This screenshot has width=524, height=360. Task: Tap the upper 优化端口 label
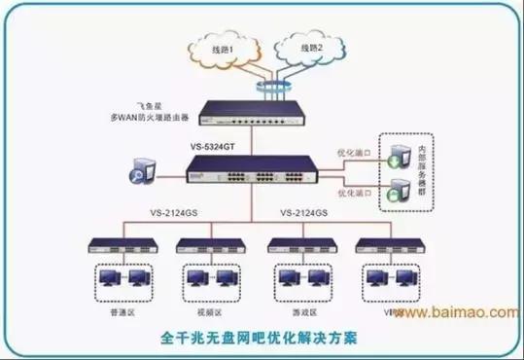click(x=352, y=152)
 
